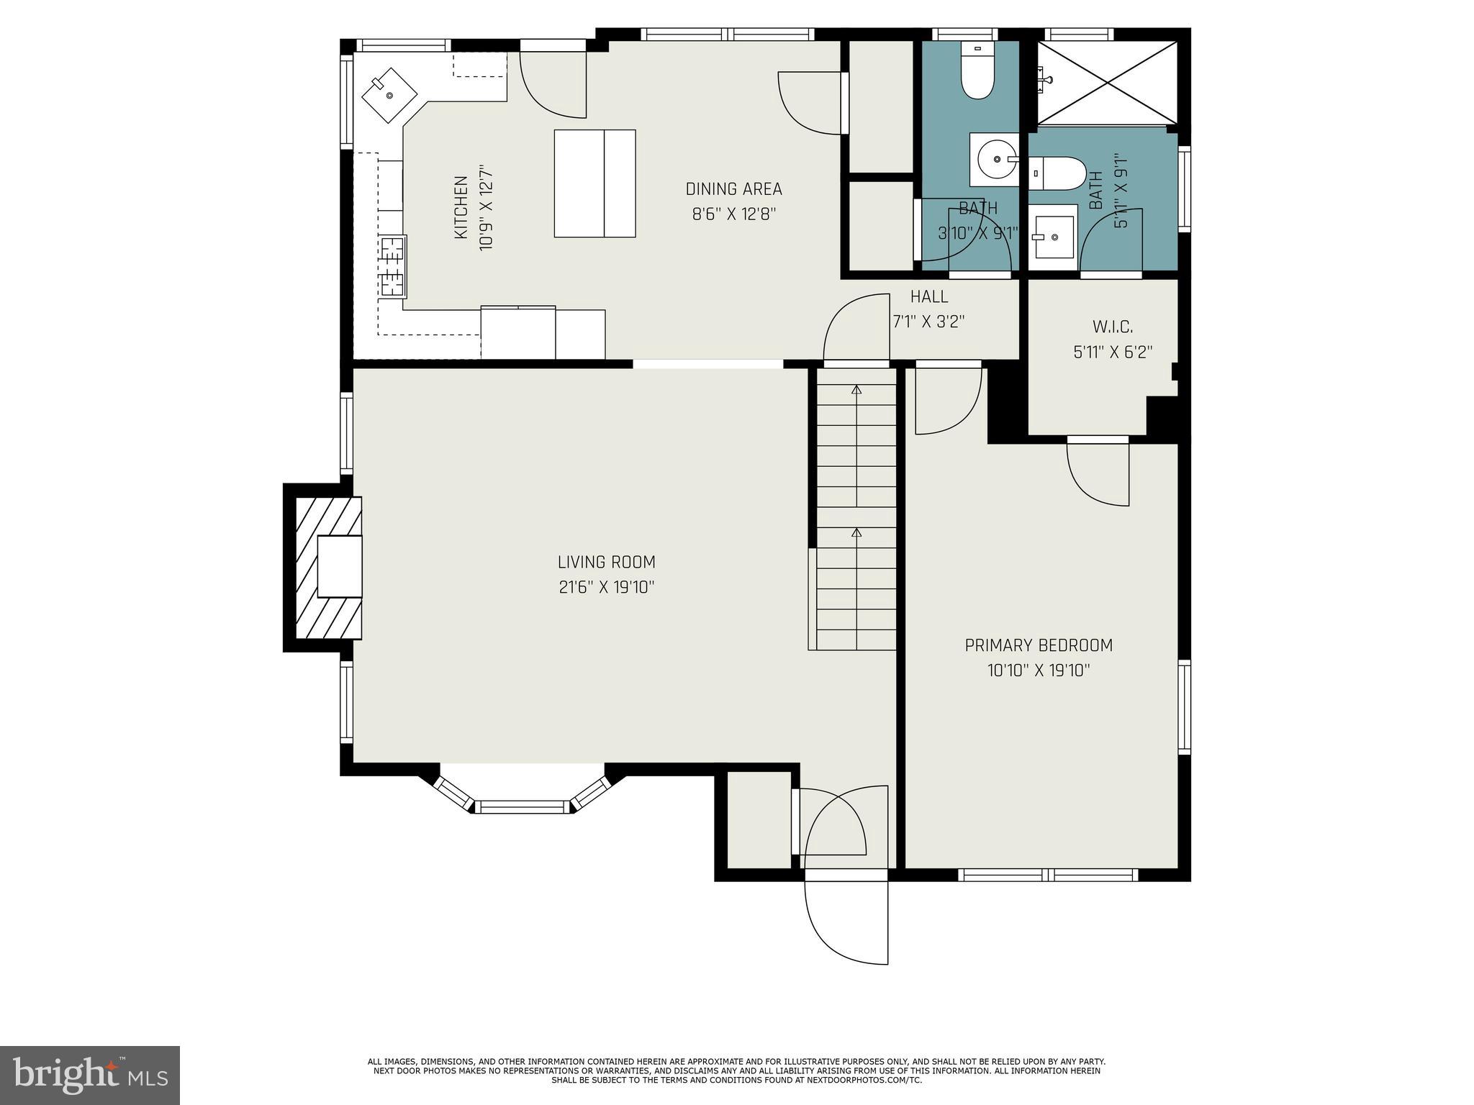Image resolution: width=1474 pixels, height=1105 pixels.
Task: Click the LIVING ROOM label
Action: pyautogui.click(x=606, y=562)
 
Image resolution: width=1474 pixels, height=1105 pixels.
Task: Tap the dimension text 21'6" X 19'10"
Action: pyautogui.click(x=606, y=588)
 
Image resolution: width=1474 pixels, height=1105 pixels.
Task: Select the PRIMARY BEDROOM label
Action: pyautogui.click(x=1039, y=645)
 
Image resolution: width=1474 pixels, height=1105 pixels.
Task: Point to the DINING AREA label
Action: pyautogui.click(x=733, y=189)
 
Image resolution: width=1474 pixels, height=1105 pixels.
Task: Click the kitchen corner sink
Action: pyautogui.click(x=389, y=94)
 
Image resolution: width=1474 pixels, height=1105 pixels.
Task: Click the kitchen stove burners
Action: pyautogui.click(x=393, y=267)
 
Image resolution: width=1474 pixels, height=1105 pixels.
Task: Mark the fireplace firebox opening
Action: pyautogui.click(x=339, y=566)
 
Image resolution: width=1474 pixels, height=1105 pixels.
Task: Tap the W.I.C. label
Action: pyautogui.click(x=1113, y=327)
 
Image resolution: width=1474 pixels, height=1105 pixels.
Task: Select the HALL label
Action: pyautogui.click(x=929, y=296)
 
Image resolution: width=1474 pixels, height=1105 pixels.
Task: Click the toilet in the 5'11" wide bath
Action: pyautogui.click(x=1057, y=173)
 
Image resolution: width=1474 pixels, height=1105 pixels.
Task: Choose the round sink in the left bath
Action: pyautogui.click(x=995, y=159)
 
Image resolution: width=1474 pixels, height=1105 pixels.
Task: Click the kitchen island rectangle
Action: pyautogui.click(x=594, y=183)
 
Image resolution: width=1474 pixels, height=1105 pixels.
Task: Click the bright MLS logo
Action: pyautogui.click(x=89, y=1075)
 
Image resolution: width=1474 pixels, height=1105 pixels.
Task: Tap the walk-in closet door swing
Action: pyautogui.click(x=1097, y=475)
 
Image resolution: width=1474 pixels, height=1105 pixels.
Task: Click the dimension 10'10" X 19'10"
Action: pyautogui.click(x=1039, y=671)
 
